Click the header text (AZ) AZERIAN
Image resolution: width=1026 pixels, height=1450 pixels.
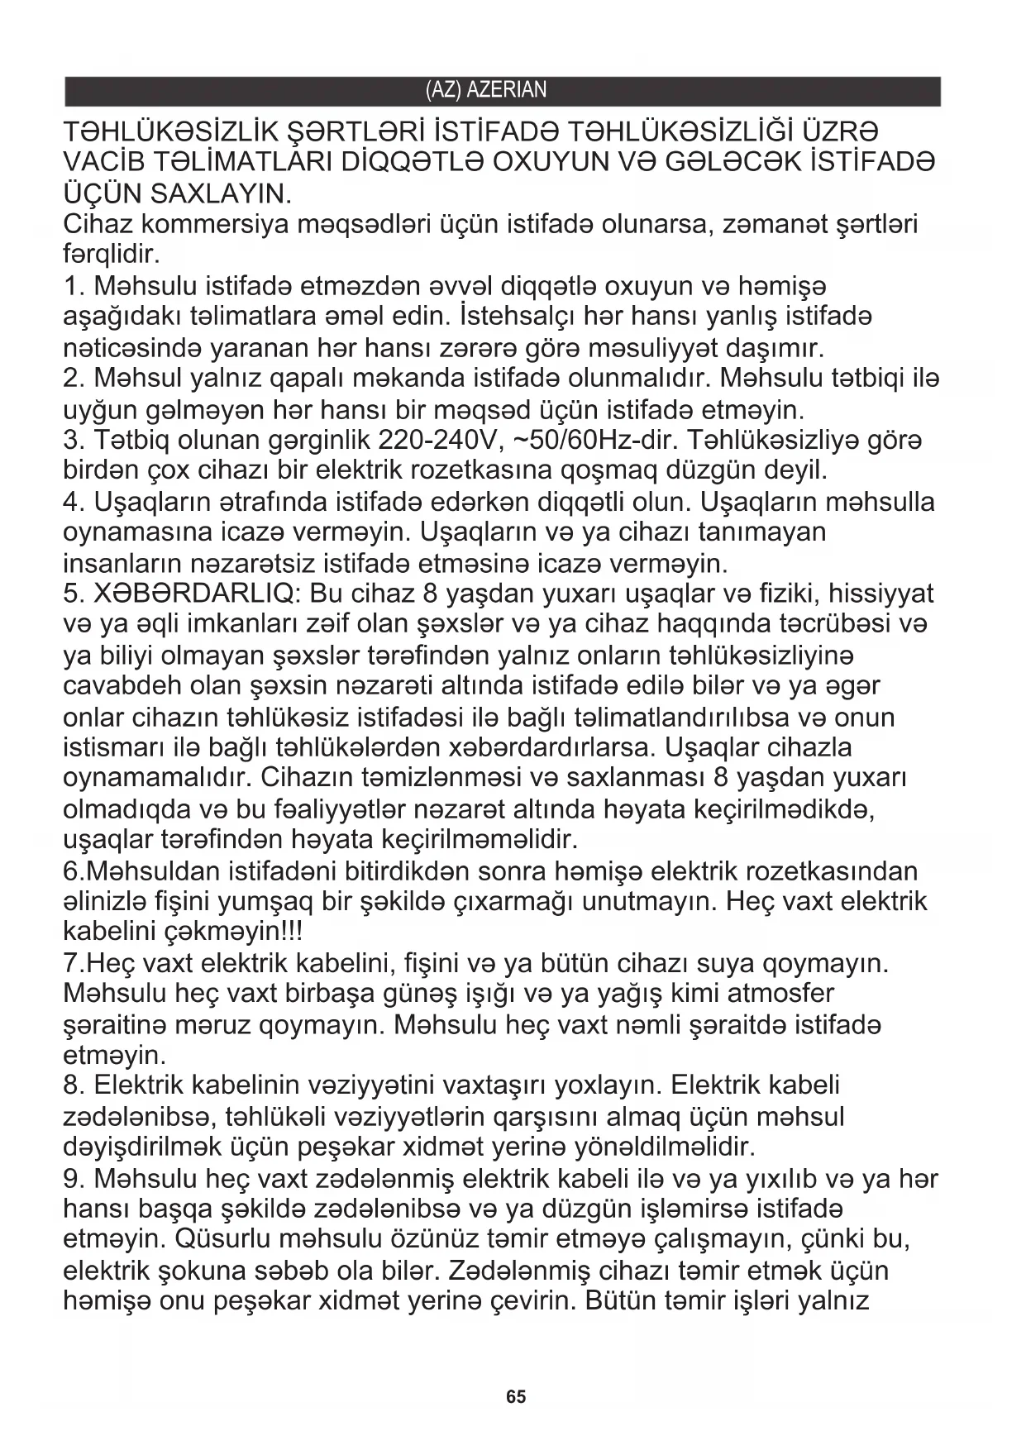[x=485, y=90]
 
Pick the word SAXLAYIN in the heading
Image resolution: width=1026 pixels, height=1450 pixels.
[x=220, y=195]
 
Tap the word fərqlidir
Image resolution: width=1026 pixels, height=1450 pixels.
[x=111, y=253]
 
